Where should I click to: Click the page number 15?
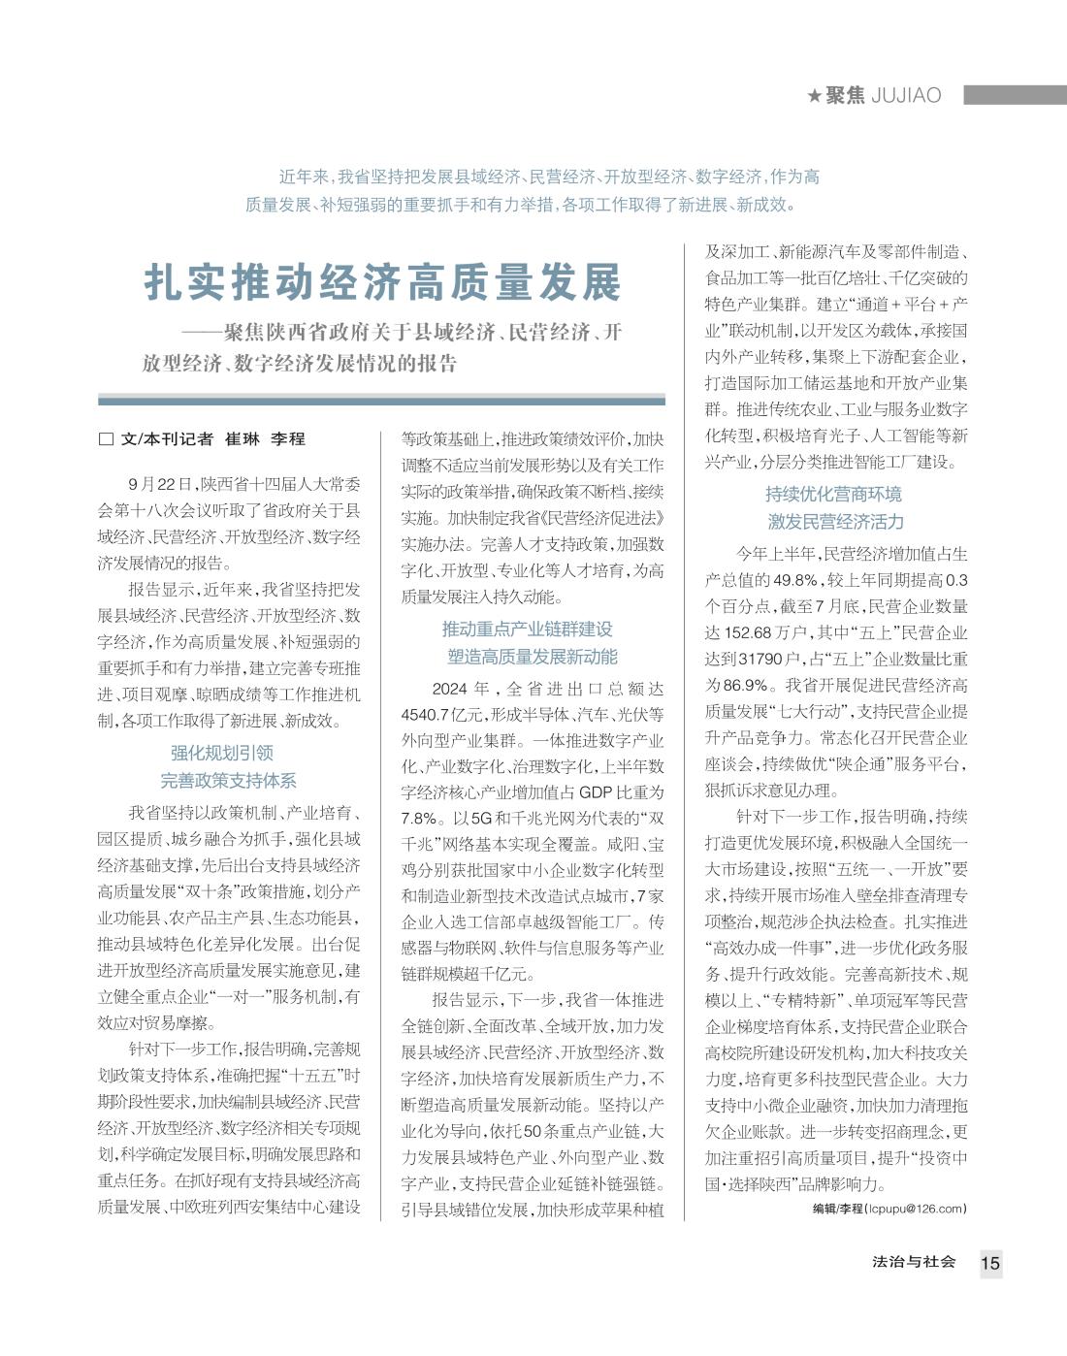989,1263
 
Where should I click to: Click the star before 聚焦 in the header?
814,95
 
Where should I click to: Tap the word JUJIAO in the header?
906,95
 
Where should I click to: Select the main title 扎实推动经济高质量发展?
382,282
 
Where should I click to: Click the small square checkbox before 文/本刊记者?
106,438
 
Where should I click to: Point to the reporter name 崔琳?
242,438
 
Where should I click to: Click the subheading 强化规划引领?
222,753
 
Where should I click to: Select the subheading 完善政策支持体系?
228,780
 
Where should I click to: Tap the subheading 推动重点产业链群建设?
528,629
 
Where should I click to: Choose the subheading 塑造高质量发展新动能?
533,657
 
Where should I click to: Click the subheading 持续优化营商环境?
833,494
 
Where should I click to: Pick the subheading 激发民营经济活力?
835,522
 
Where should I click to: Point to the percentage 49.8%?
795,580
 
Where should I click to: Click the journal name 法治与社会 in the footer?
914,1262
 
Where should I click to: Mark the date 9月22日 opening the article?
160,483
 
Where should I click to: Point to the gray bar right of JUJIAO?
1015,94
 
